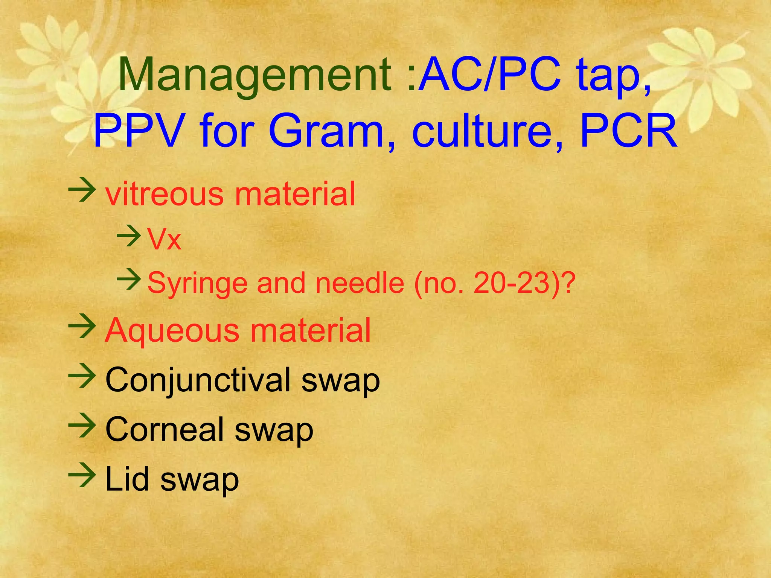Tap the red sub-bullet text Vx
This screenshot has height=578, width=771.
(x=164, y=239)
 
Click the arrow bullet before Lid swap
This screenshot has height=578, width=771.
(x=82, y=475)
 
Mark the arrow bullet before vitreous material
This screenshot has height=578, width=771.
(x=82, y=190)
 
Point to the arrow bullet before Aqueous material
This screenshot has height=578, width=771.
(x=82, y=326)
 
